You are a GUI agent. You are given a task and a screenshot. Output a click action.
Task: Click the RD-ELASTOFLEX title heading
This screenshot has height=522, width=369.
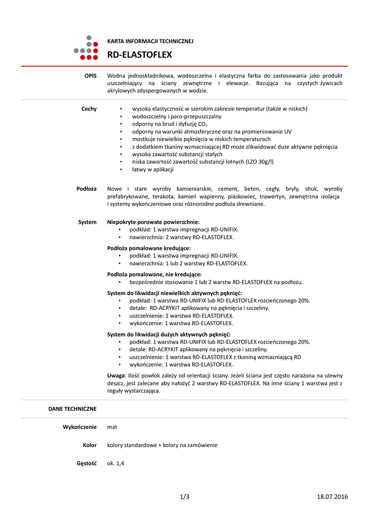139,55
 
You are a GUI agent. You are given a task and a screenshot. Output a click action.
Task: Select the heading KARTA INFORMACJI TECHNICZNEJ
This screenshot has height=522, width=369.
150,41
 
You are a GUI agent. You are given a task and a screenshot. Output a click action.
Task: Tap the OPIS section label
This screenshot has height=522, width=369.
91,75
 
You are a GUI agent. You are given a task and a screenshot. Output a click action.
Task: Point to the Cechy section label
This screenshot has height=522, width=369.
89,109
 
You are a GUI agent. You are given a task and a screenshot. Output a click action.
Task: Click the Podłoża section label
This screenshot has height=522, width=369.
87,189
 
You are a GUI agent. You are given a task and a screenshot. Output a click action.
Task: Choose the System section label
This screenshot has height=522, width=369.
87,222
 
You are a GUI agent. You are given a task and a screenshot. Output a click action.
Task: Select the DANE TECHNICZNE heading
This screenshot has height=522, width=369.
72,409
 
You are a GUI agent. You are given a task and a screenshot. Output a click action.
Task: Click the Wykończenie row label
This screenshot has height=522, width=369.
80,427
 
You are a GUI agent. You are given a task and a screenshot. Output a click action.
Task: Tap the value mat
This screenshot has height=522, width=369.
112,427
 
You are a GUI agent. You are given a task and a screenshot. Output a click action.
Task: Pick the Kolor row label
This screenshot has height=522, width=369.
90,445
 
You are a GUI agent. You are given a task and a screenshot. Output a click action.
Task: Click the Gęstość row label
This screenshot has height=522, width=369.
86,463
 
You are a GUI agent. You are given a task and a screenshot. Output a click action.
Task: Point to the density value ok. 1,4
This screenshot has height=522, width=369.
116,463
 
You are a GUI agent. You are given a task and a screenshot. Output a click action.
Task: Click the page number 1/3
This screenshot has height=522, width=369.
184,497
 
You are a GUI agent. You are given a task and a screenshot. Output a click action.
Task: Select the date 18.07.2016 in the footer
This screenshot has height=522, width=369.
332,497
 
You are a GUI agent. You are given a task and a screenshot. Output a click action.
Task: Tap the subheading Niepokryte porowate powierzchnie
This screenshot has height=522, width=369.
153,222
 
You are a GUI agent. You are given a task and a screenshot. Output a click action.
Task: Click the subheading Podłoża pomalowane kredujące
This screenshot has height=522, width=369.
149,248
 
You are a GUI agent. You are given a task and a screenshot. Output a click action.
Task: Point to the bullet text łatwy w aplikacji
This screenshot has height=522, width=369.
153,169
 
